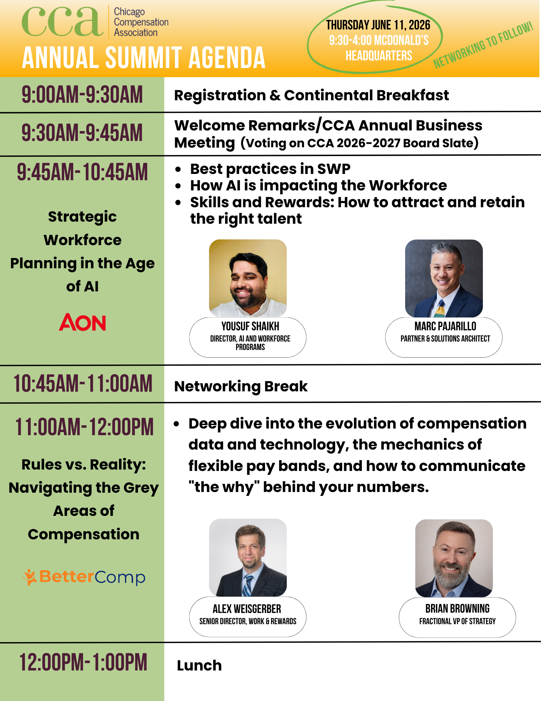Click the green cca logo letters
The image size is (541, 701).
click(62, 22)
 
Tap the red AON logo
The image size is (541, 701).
click(82, 322)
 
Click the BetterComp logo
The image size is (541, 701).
click(84, 577)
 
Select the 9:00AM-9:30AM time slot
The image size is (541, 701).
click(82, 95)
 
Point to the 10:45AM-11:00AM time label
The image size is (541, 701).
click(83, 383)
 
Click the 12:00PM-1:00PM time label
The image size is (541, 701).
click(83, 662)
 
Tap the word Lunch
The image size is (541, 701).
click(199, 665)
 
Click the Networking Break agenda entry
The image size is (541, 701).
click(241, 386)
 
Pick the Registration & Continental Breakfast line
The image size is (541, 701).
click(312, 95)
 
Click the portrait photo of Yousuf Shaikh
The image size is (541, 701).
click(248, 278)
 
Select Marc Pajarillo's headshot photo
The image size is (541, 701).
click(444, 278)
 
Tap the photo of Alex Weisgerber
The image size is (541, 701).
click(248, 558)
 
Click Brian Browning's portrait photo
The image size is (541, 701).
click(454, 558)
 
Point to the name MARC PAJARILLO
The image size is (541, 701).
click(445, 326)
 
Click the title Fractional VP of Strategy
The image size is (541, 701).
click(457, 621)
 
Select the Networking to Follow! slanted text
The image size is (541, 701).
click(483, 45)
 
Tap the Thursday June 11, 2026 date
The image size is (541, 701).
click(378, 25)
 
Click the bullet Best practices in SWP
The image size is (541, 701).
click(270, 169)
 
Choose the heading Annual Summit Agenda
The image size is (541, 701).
click(144, 58)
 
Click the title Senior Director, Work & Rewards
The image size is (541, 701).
click(248, 621)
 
